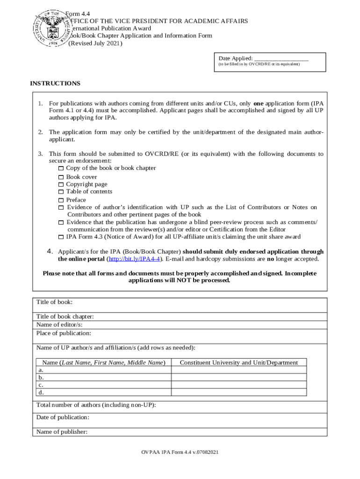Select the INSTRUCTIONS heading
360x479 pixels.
(x=55, y=84)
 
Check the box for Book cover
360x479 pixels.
(x=61, y=177)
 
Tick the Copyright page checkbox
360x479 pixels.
(x=61, y=185)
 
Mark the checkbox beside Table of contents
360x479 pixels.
(x=61, y=192)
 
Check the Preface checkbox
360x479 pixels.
(x=61, y=200)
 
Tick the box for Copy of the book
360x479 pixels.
(x=61, y=168)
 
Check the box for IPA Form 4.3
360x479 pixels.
(x=61, y=237)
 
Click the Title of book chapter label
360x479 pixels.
(x=65, y=317)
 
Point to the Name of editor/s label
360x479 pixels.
(x=59, y=325)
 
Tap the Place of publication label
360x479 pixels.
(x=64, y=334)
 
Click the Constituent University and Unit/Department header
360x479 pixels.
(x=238, y=363)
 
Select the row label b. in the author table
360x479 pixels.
(x=41, y=377)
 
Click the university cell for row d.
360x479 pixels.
(x=238, y=392)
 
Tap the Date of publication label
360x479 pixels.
(x=63, y=417)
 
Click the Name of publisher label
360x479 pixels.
(x=62, y=432)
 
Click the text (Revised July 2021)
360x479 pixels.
(x=95, y=44)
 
